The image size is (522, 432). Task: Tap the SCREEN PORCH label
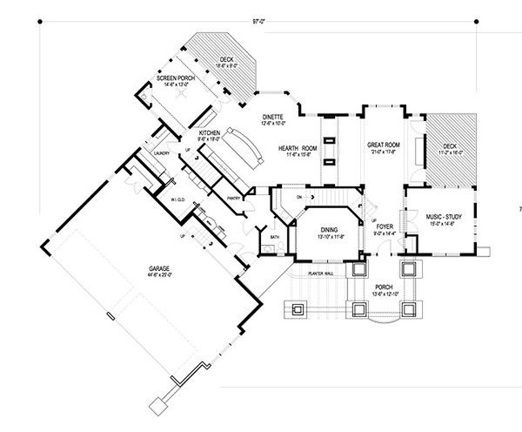pos(174,78)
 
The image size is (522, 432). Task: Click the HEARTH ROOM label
pos(296,148)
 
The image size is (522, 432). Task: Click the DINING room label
pos(317,229)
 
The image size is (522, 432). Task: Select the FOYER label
pos(383,226)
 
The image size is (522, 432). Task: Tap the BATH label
pos(274,236)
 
